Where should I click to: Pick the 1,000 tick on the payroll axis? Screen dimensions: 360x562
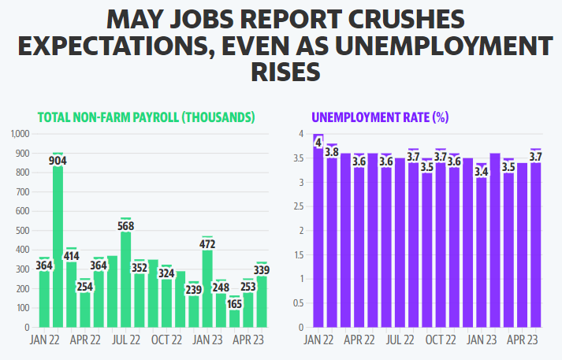coord(19,134)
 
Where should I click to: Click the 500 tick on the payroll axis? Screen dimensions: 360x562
coord(22,231)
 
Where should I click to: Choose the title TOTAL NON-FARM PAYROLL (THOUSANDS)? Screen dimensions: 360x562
coord(147,117)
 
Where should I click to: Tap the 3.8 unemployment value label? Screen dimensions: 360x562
coord(332,152)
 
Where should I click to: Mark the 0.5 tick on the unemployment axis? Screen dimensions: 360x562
coord(297,303)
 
